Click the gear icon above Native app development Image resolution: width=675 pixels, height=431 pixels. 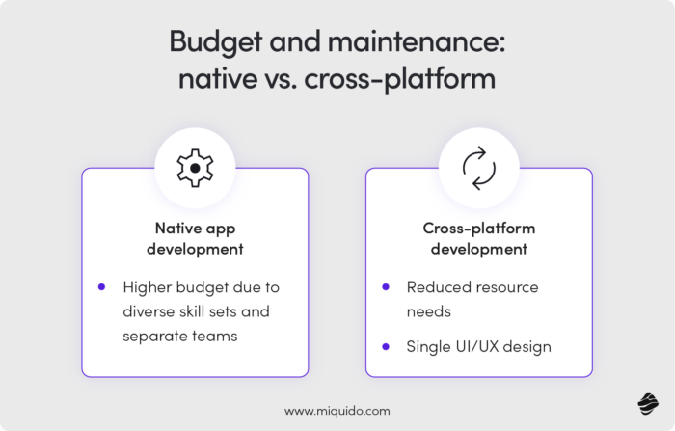point(195,169)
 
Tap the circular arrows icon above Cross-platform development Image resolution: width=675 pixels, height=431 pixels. point(479,169)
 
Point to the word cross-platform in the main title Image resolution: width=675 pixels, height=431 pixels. point(402,79)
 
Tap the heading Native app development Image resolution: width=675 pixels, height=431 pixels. point(195,238)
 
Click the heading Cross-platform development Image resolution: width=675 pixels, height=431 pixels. point(479,238)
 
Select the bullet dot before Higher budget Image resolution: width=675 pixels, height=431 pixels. point(101,286)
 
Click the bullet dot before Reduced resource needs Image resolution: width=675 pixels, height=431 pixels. point(386,286)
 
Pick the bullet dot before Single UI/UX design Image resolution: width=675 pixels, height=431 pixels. point(386,346)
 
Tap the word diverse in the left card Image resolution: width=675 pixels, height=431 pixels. point(150,311)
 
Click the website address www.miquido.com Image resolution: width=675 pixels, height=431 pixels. point(337,410)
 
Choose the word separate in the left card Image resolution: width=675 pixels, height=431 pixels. point(155,336)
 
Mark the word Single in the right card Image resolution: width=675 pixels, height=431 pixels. point(429,347)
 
